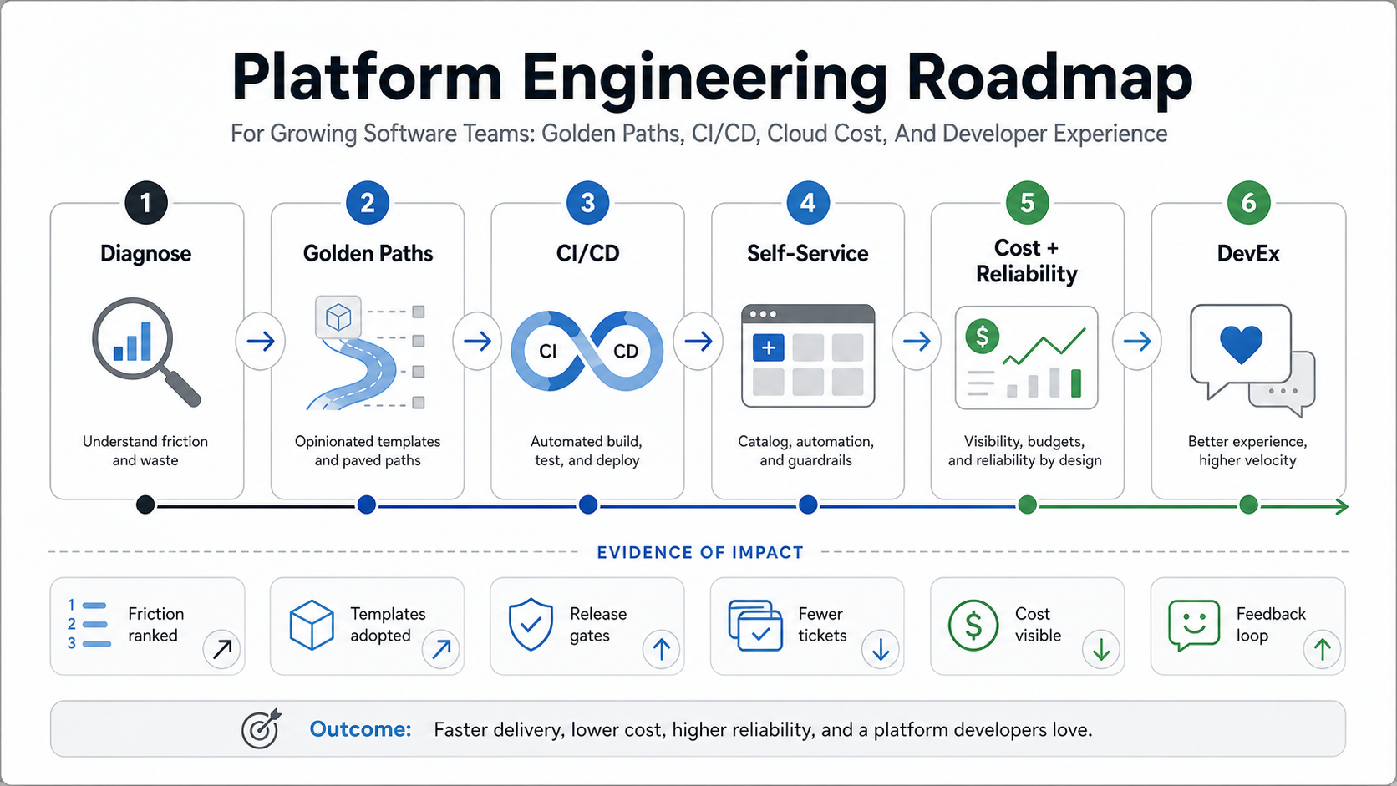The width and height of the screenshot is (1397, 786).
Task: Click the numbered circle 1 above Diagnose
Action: (x=146, y=203)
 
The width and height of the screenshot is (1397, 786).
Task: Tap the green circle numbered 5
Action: (x=1027, y=203)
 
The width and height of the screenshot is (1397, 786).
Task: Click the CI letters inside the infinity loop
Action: (x=547, y=352)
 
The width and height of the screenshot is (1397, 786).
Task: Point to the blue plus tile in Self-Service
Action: (x=769, y=347)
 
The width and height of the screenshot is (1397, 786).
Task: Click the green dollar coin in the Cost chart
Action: (x=983, y=337)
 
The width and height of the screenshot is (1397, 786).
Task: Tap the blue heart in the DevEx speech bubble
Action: (x=1241, y=345)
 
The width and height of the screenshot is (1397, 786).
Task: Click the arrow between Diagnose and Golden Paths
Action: (x=261, y=341)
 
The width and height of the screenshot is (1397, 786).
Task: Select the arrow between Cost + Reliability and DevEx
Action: (x=1137, y=341)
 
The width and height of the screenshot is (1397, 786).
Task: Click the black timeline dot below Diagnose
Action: (x=145, y=505)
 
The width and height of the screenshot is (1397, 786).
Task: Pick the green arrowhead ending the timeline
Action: (x=1342, y=507)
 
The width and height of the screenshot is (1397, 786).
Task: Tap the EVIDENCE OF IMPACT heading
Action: (x=699, y=553)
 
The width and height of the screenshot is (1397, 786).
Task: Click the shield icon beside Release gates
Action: (x=531, y=625)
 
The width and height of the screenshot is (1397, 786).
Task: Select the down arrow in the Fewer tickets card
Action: (x=881, y=650)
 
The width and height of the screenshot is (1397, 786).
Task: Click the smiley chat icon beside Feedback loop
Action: (x=1194, y=625)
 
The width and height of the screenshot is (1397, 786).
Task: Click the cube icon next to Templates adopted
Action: (x=311, y=625)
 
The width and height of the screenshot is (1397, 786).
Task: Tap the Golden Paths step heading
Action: (x=368, y=254)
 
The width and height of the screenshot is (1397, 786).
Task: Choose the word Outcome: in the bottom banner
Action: (x=360, y=729)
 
